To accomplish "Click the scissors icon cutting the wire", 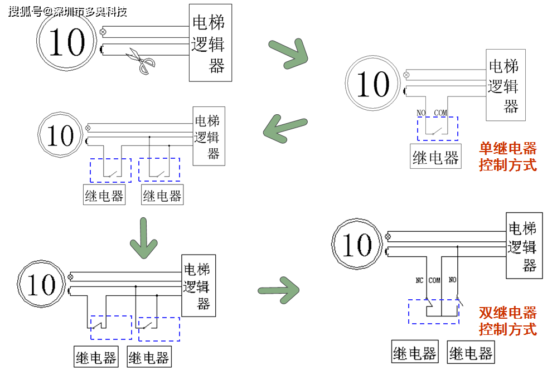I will (x=138, y=61).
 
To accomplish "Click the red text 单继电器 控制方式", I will (x=507, y=157).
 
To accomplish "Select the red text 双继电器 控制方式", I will (x=507, y=321).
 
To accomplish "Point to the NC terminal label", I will (x=420, y=280).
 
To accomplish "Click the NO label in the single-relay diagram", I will (x=421, y=113).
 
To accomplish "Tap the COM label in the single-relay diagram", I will (x=440, y=113).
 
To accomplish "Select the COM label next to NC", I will (x=434, y=280).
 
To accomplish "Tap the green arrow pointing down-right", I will (x=289, y=53).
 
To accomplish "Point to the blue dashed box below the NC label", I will (x=433, y=311).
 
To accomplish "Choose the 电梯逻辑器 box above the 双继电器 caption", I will (x=524, y=246).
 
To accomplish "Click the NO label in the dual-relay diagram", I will (x=452, y=280).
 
